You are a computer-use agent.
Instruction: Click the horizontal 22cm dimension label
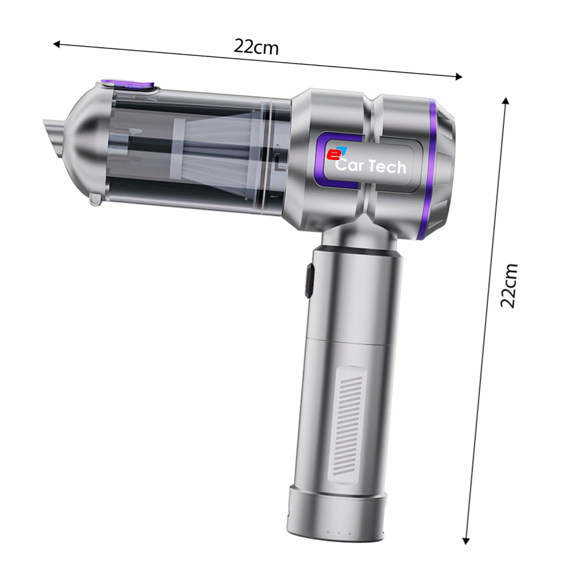[256, 47]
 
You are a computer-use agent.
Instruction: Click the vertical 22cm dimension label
[509, 285]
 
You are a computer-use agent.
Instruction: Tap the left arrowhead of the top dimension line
[56, 44]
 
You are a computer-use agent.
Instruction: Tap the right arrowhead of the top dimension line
[459, 77]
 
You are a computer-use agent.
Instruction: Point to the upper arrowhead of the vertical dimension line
[506, 101]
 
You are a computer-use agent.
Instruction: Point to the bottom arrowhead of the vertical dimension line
[466, 541]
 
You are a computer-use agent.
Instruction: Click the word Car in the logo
[350, 165]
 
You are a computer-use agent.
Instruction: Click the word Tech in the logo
[388, 166]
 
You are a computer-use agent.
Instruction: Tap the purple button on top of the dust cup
[127, 85]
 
